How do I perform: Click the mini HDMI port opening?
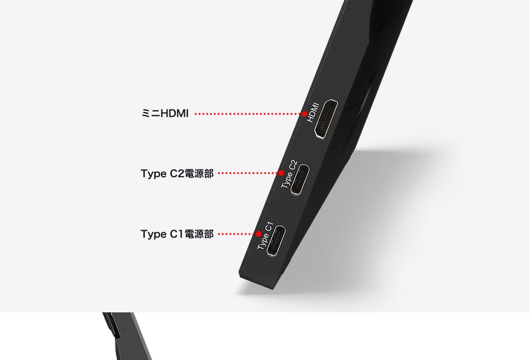click(x=326, y=119)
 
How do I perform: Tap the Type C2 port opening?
click(x=299, y=180)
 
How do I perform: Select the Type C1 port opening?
click(x=276, y=240)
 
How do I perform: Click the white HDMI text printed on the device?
click(x=313, y=113)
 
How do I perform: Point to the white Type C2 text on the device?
click(x=289, y=174)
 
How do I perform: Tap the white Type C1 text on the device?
click(x=265, y=236)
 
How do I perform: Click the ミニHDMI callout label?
click(x=165, y=113)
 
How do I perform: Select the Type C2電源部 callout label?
click(x=177, y=174)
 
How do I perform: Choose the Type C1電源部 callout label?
click(x=177, y=234)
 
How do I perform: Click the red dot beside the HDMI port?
click(x=305, y=114)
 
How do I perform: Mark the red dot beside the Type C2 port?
click(x=281, y=173)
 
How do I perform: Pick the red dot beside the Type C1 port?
click(x=258, y=234)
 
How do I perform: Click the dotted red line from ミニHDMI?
click(x=248, y=114)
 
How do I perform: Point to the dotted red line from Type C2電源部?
click(x=248, y=173)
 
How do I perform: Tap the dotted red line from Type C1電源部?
click(x=237, y=234)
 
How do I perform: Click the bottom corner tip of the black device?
click(x=273, y=289)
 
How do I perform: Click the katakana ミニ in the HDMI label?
click(x=151, y=113)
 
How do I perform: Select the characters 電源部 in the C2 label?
click(x=199, y=174)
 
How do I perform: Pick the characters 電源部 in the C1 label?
click(x=199, y=234)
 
